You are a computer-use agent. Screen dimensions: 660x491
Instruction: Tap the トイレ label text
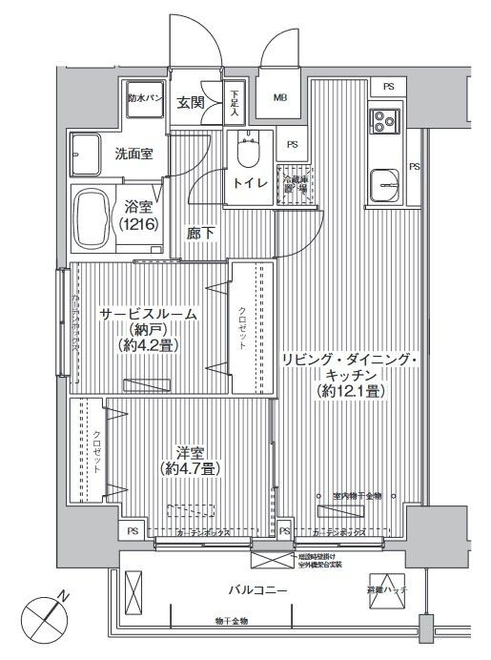coord(251,185)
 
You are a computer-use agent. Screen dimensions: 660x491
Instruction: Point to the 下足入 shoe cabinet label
coord(235,103)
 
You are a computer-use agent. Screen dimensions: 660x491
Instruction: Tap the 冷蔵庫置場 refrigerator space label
coord(293,182)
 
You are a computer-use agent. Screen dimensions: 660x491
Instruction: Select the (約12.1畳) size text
coord(347,392)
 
